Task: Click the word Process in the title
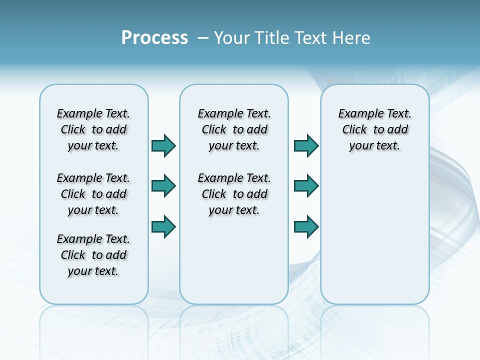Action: pos(154,38)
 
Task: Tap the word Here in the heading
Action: pos(352,38)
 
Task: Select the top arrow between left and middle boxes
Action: pos(163,145)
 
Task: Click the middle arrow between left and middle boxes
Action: pos(163,186)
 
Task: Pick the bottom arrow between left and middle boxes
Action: pos(163,226)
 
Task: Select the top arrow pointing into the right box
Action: pos(306,145)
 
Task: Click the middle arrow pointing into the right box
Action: pos(306,186)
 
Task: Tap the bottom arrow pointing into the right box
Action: pos(306,226)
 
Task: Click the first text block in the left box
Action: pos(93,129)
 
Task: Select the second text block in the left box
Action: pos(93,194)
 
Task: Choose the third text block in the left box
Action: pos(93,255)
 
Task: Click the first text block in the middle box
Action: pos(234,129)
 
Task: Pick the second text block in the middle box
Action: pos(234,194)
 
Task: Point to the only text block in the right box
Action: pos(375,129)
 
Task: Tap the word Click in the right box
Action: pos(354,130)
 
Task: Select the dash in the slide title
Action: pos(203,38)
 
